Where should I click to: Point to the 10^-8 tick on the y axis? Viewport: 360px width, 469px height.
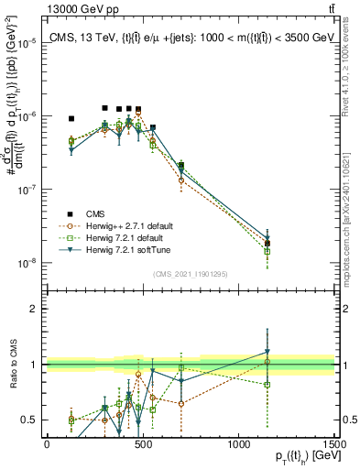(x=30, y=263)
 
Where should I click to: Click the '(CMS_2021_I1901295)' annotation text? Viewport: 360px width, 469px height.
(x=190, y=274)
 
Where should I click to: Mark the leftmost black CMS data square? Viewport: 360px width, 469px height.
(x=71, y=119)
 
